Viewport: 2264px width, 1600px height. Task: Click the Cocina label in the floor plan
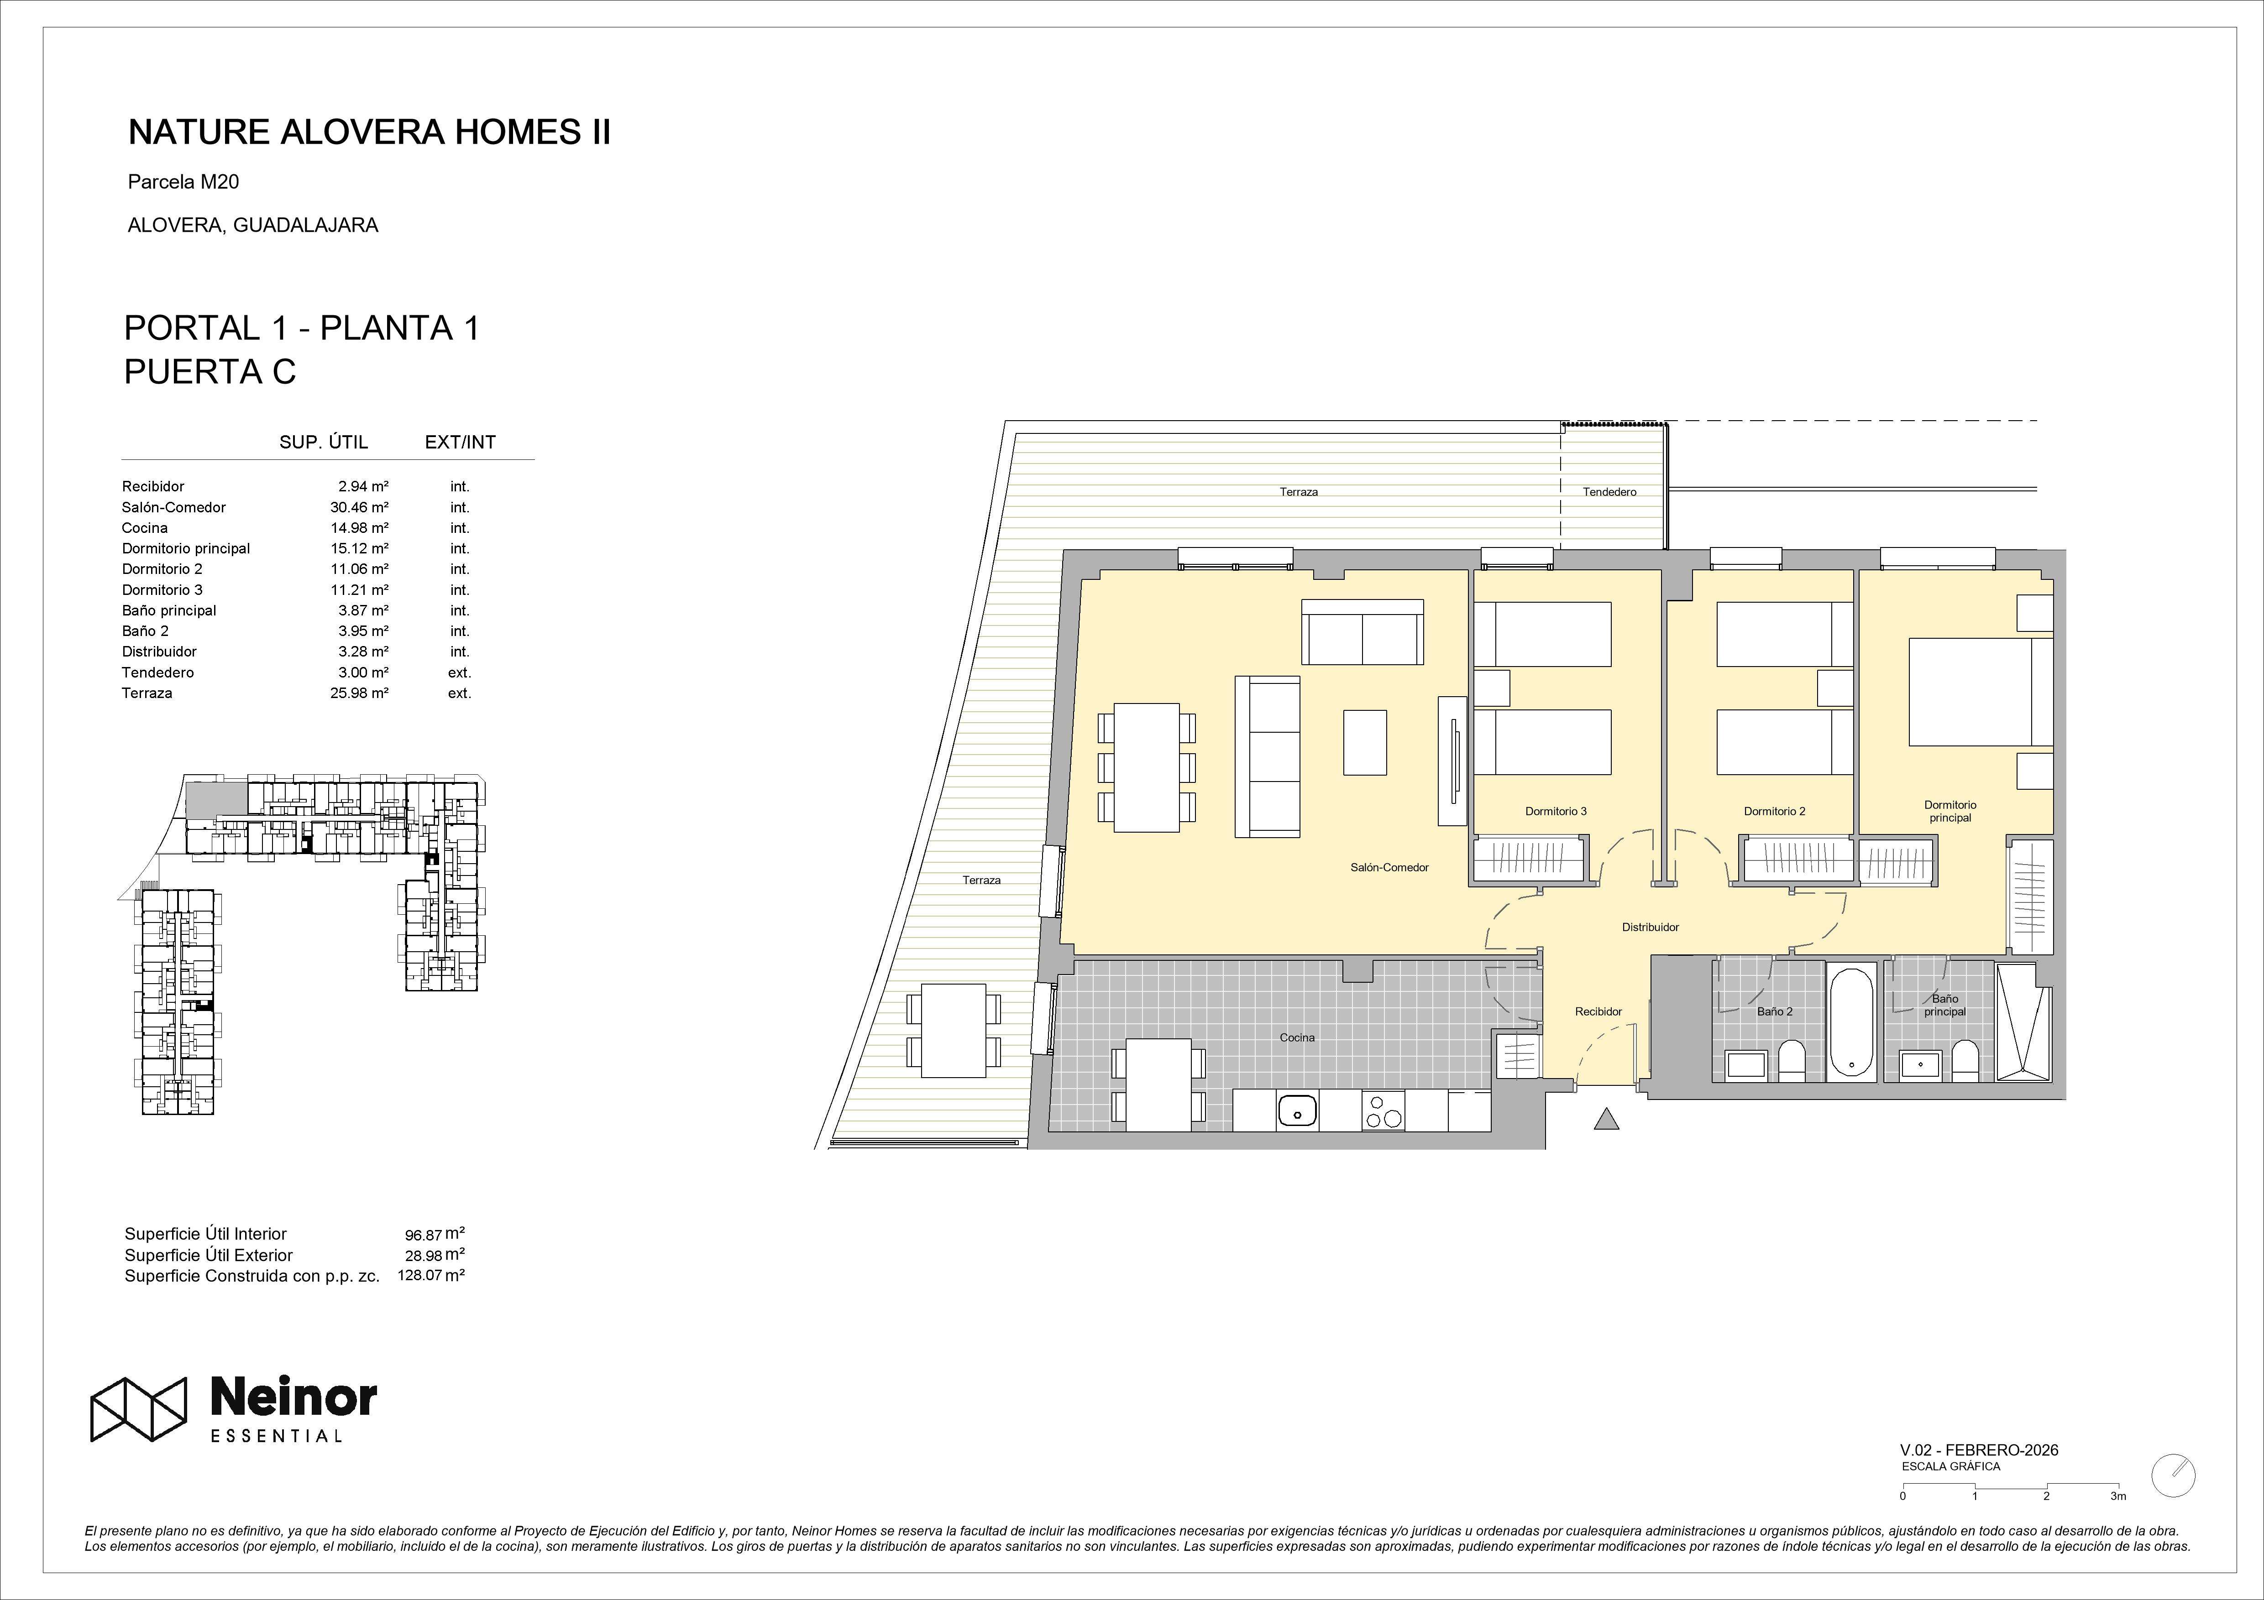point(1297,1037)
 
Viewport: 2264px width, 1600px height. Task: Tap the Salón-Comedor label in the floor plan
point(1389,868)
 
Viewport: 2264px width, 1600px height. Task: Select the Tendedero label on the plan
point(1609,492)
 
